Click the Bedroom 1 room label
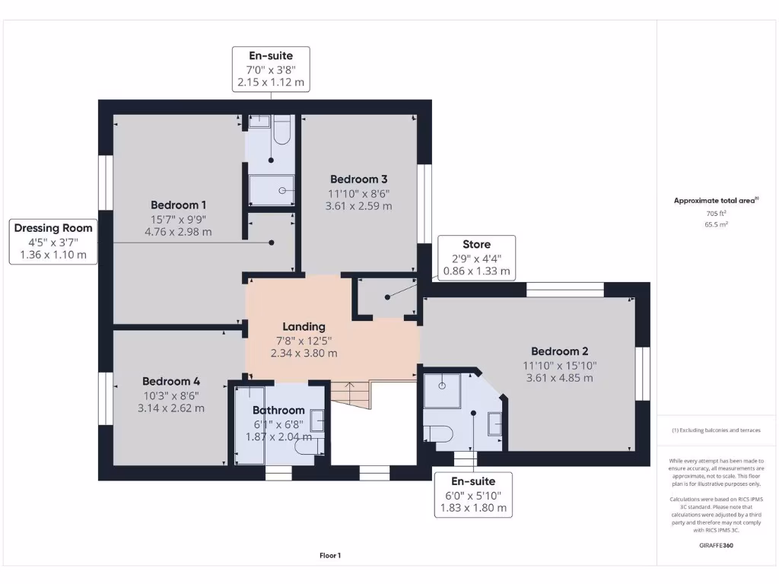178,205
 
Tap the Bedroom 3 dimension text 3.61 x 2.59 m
359,206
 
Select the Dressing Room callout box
53,242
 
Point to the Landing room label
304,327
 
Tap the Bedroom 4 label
171,382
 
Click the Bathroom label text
278,410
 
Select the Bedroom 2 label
559,351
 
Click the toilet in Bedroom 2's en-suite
437,433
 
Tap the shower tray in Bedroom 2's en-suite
442,390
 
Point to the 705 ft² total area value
716,214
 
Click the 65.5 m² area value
716,224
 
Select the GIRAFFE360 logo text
716,545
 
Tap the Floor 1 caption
330,556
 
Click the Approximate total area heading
716,201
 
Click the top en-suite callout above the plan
271,69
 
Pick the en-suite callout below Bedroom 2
473,494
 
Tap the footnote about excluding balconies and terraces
716,430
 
